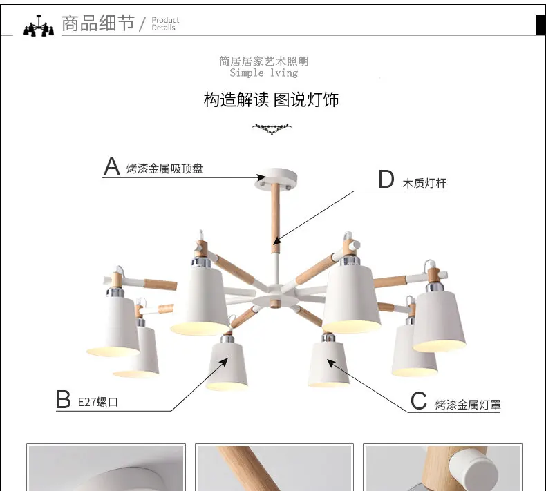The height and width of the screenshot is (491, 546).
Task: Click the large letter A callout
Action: (112, 166)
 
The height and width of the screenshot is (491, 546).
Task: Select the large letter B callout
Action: (64, 399)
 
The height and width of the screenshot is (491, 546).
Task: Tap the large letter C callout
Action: (418, 401)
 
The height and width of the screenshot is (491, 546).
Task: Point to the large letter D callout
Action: (386, 179)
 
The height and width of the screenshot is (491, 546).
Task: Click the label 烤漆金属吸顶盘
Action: (164, 169)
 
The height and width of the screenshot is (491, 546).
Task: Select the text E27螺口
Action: (98, 403)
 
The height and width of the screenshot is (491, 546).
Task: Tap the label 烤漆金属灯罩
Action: (468, 405)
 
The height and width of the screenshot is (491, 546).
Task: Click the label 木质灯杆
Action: (424, 183)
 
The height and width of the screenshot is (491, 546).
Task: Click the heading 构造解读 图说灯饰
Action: (271, 100)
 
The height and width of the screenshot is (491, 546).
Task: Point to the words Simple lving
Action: (263, 73)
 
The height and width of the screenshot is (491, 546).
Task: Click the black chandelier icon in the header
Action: (39, 26)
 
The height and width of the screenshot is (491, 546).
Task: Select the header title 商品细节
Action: (98, 23)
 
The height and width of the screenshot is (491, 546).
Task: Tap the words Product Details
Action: (165, 23)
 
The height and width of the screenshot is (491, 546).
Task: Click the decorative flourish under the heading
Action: (272, 128)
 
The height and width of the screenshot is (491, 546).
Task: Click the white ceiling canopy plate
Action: (276, 179)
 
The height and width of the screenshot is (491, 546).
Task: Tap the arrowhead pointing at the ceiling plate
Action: (261, 177)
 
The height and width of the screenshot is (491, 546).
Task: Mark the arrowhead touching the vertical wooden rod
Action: (277, 240)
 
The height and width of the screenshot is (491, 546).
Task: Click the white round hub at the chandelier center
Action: (276, 300)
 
